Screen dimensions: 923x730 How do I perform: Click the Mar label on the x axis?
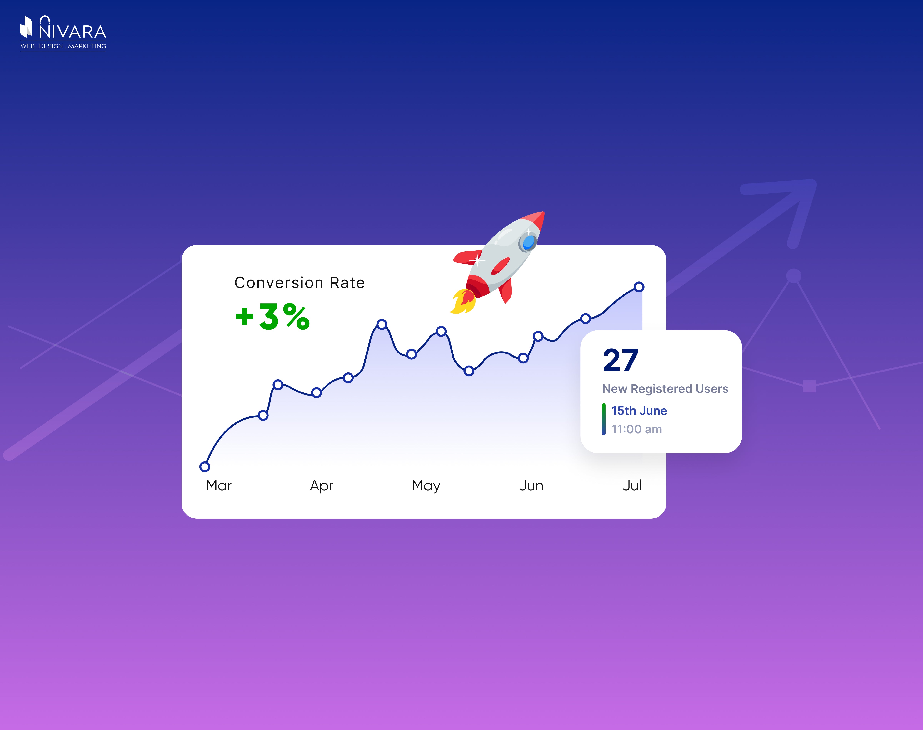pyautogui.click(x=219, y=485)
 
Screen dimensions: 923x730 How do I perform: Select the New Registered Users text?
pyautogui.click(x=665, y=389)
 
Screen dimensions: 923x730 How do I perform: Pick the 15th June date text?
pyautogui.click(x=639, y=411)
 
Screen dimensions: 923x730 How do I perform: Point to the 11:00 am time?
pyautogui.click(x=636, y=429)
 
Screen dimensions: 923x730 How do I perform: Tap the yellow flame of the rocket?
pyautogui.click(x=462, y=302)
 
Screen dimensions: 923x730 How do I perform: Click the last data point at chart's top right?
pyautogui.click(x=639, y=287)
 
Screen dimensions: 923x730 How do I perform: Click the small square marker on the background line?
pyautogui.click(x=809, y=386)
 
